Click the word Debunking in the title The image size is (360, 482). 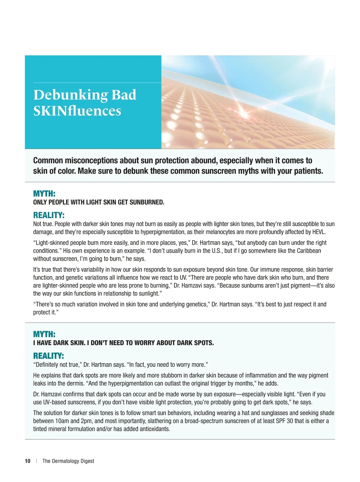pyautogui.click(x=70, y=95)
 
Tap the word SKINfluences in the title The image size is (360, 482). pyautogui.click(x=77, y=111)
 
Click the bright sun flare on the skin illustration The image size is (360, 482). pyautogui.click(x=243, y=113)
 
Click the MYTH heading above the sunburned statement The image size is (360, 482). pyautogui.click(x=44, y=194)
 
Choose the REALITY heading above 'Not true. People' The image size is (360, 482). pyautogui.click(x=49, y=215)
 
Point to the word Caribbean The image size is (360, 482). pyautogui.click(x=309, y=251)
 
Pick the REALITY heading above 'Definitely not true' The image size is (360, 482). pyautogui.click(x=48, y=356)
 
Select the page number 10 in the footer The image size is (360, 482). pyautogui.click(x=28, y=461)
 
